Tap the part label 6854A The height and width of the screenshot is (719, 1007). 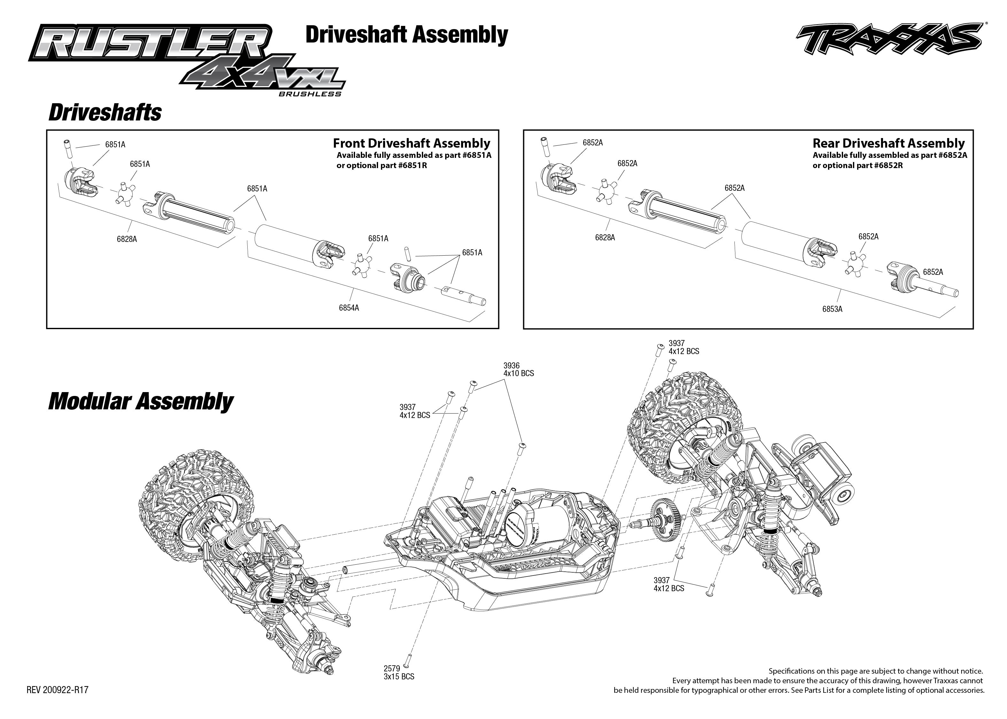(349, 308)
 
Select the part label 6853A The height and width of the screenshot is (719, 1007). (832, 309)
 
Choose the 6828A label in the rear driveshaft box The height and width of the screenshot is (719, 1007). (605, 238)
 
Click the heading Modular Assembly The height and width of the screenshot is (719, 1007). (140, 402)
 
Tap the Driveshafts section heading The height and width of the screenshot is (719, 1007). (105, 112)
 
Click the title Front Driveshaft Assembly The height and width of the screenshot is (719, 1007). (411, 143)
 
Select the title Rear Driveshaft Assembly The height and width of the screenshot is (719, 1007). (888, 143)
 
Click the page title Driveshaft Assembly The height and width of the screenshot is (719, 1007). (406, 35)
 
